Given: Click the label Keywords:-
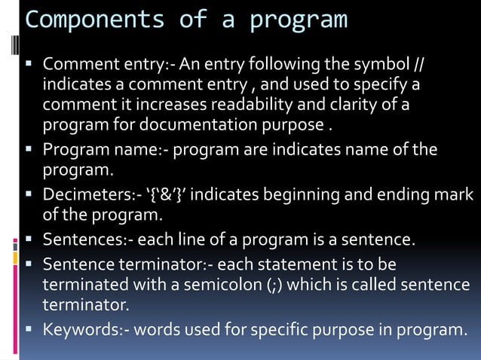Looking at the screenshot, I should pos(81,329).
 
